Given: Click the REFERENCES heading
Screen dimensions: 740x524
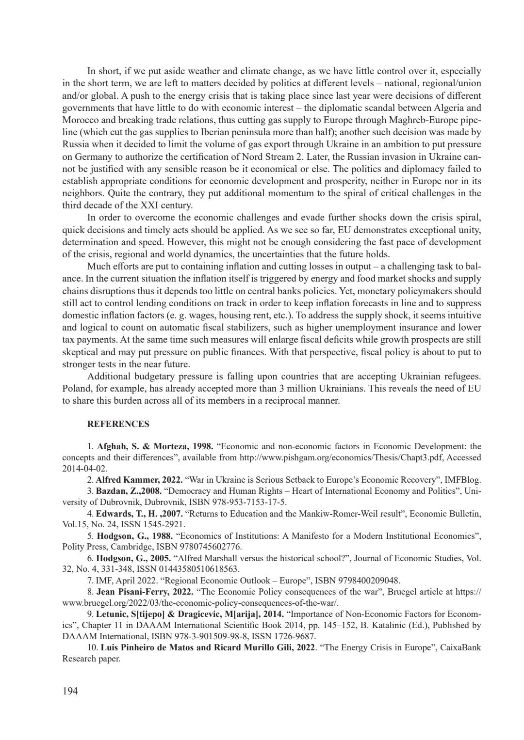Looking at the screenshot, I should point(118,424).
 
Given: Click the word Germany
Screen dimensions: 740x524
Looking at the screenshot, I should point(92,157).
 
